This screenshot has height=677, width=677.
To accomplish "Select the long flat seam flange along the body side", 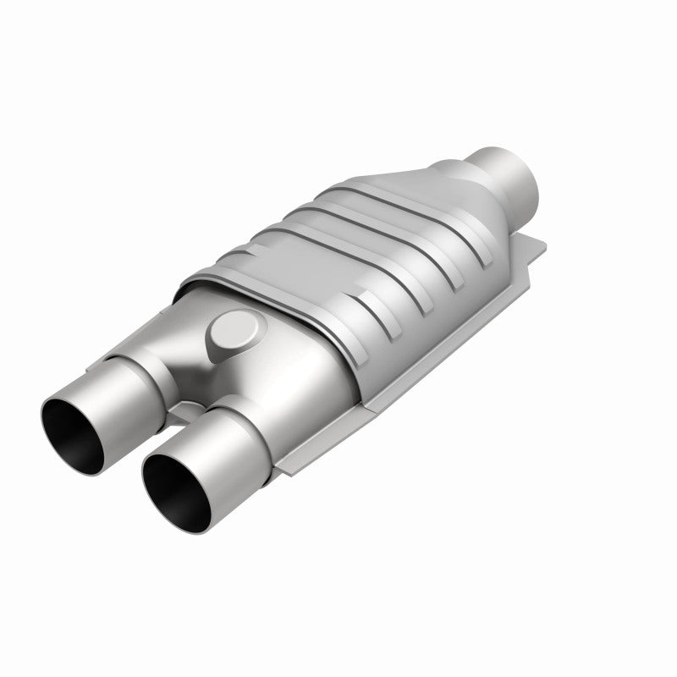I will (x=423, y=372).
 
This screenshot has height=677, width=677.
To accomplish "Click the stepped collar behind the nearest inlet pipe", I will (x=254, y=415).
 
